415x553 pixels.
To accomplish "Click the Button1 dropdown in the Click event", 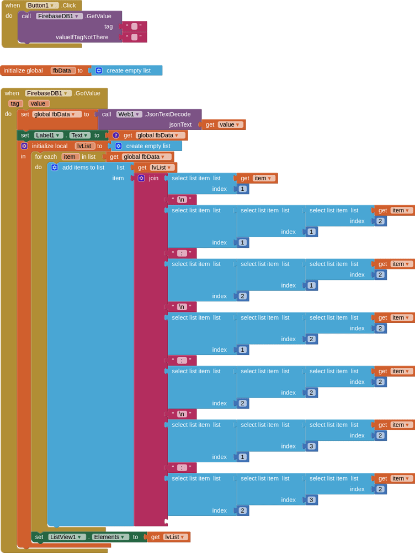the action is coord(42,6).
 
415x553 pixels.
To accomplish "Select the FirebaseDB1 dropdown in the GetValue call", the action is coord(59,16).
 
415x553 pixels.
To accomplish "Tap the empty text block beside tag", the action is coord(134,27).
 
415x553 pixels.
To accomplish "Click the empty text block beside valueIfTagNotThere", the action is coord(134,37).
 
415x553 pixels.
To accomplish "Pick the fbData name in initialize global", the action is coord(63,71).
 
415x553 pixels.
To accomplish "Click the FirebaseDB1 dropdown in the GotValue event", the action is coord(48,93).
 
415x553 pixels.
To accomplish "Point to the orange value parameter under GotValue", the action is coord(39,104).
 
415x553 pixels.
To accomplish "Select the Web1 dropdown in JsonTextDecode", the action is coord(129,114).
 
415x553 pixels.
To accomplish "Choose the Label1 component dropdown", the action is coord(49,135).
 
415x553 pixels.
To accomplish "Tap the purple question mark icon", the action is coord(116,135).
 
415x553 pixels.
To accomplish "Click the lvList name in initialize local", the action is coord(84,146).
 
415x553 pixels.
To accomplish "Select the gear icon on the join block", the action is coord(141,178).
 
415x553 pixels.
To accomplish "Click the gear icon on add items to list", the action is coord(55,168).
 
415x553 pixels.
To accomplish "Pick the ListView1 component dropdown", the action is coord(67,537).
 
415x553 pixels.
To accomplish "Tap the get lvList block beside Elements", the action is coord(169,537).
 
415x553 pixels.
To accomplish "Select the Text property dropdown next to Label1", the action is coord(79,135).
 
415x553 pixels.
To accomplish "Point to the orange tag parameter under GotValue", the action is coord(15,104).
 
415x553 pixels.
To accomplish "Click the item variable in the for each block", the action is coord(70,156).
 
